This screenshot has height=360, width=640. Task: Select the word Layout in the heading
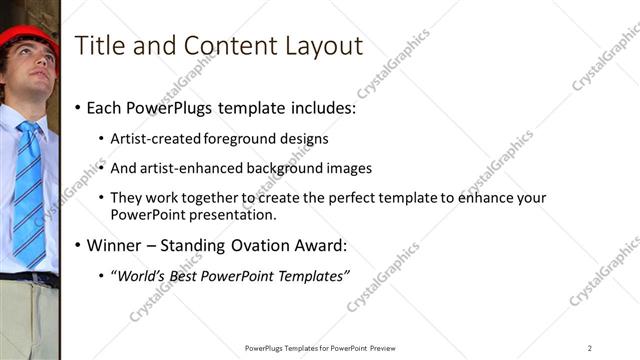(317, 45)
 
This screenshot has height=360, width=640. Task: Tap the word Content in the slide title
(222, 45)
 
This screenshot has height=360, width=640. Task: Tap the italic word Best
(189, 275)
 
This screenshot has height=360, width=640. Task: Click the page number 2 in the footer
(590, 348)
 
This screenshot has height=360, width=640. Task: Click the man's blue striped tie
(29, 195)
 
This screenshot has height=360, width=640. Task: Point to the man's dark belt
(29, 279)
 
